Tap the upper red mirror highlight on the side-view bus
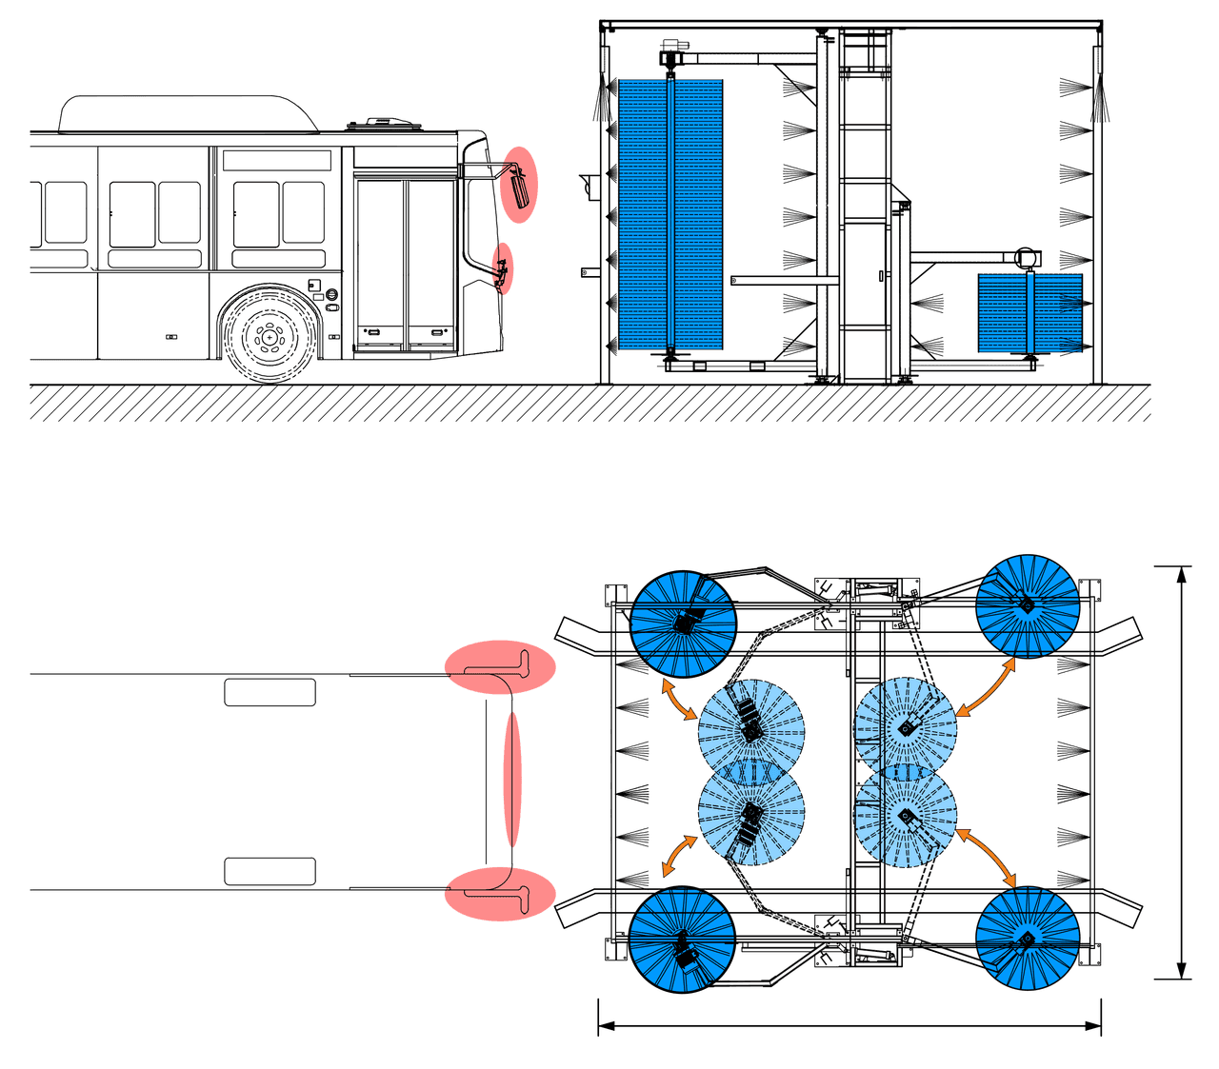(520, 185)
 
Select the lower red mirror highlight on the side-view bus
(502, 267)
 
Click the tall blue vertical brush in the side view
(670, 213)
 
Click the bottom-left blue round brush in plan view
(682, 941)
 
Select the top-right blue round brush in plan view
(1028, 606)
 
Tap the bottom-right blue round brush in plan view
(1028, 939)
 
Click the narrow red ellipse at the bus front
(513, 780)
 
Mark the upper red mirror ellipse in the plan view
(499, 667)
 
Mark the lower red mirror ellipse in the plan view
(499, 895)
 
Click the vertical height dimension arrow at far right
(1181, 772)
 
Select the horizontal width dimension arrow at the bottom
(849, 1026)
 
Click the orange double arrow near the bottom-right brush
(987, 855)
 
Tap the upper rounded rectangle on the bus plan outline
(270, 692)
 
